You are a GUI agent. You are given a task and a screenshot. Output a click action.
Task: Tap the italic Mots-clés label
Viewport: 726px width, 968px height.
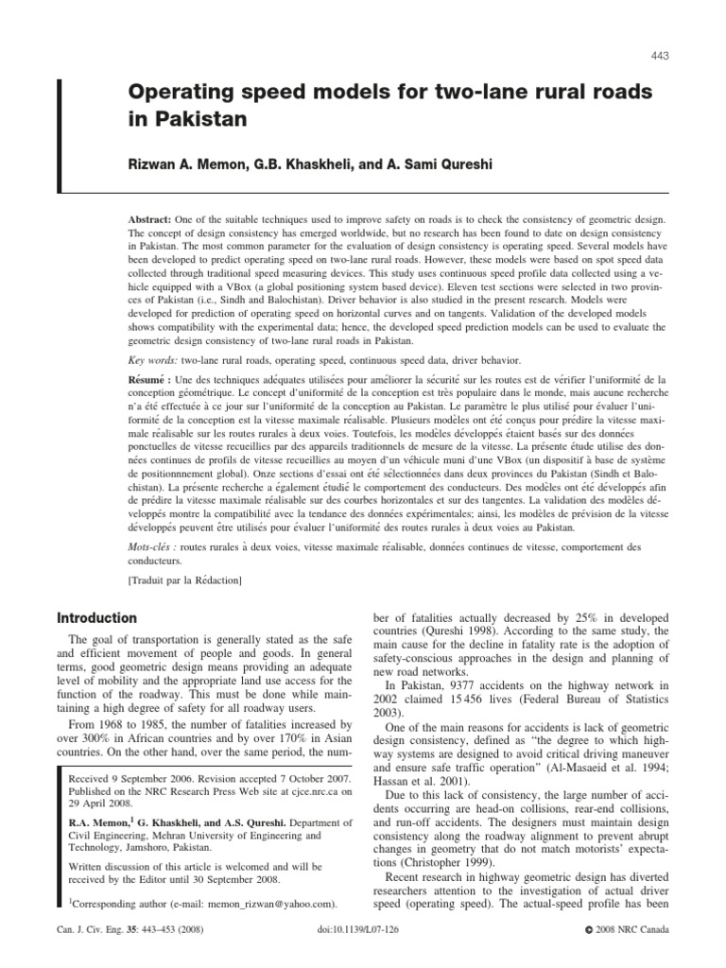[154, 547]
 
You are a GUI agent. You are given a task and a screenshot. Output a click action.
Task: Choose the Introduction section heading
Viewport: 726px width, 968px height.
[96, 618]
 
